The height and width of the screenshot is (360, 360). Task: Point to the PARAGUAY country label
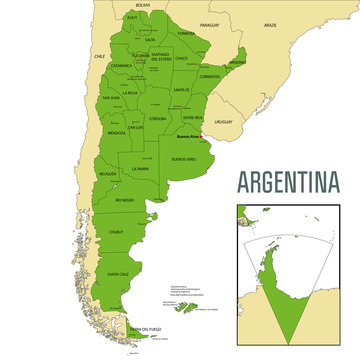(208, 23)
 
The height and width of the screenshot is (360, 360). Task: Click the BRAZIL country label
(269, 23)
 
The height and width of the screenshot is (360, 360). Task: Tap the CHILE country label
(99, 57)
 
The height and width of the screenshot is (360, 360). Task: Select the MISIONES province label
(237, 60)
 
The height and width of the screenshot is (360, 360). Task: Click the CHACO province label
(181, 58)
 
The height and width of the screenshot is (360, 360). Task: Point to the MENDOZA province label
(117, 133)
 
